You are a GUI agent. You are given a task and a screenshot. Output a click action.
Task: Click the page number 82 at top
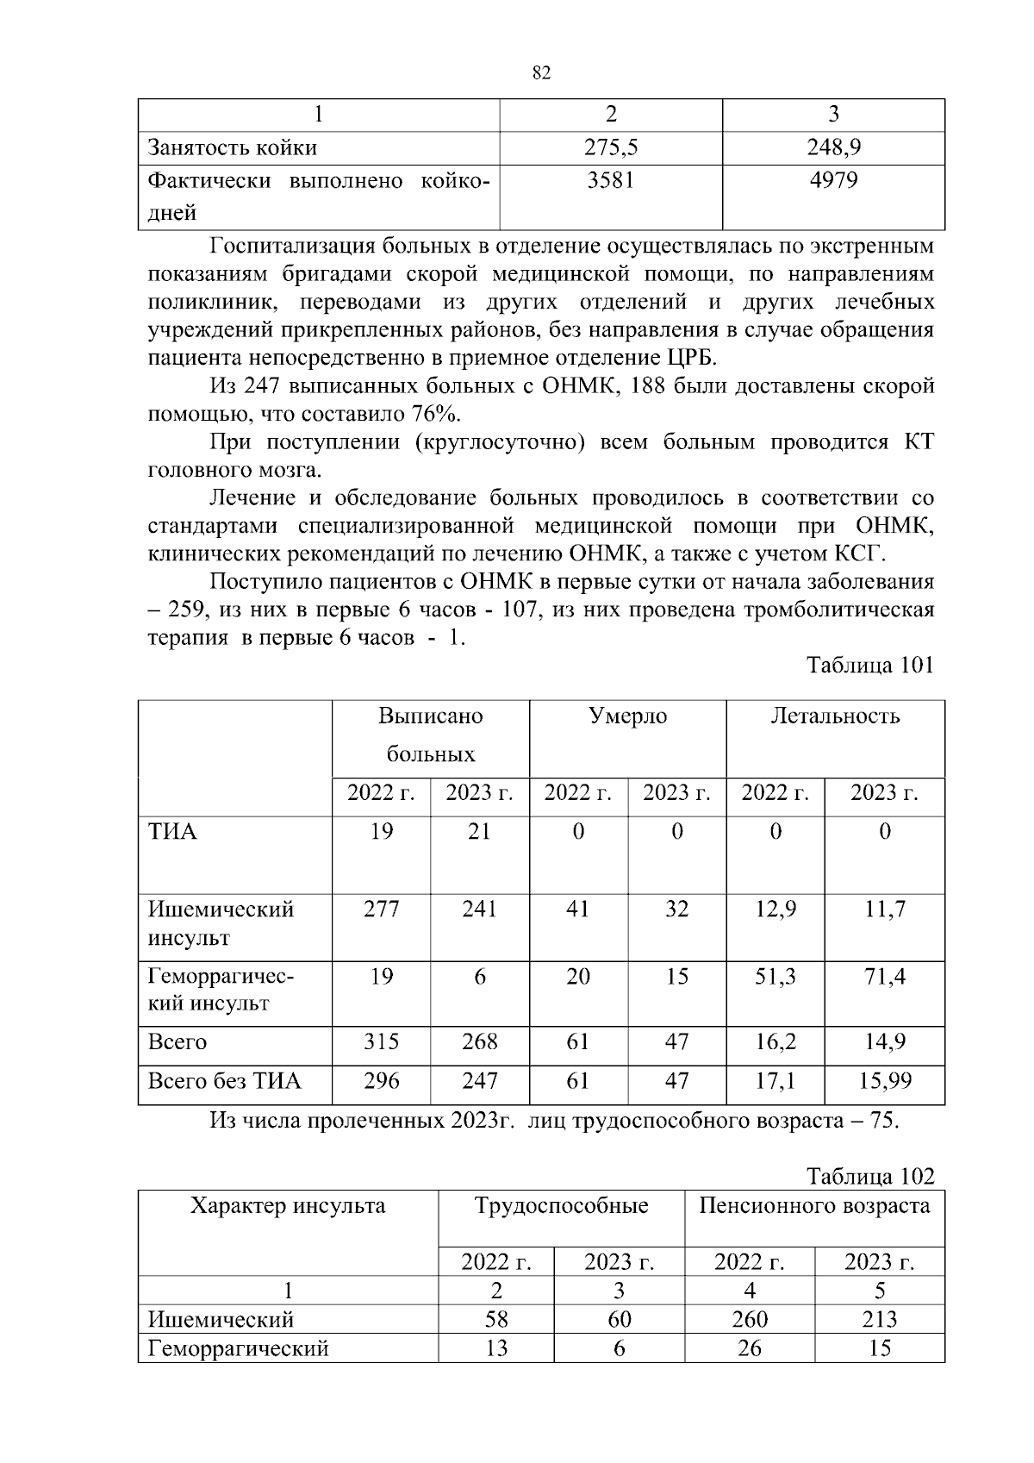click(x=541, y=73)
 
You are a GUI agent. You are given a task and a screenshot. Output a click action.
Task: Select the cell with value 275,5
click(x=610, y=148)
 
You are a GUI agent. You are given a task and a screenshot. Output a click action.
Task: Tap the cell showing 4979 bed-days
click(x=833, y=181)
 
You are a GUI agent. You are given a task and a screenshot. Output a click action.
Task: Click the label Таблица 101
click(x=869, y=666)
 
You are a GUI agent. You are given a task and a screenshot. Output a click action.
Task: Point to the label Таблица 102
click(x=869, y=1177)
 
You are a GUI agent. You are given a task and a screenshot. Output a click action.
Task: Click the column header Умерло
click(x=627, y=716)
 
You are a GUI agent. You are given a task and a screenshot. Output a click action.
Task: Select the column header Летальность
click(x=835, y=716)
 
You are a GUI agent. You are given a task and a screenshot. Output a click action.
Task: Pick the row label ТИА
click(x=172, y=832)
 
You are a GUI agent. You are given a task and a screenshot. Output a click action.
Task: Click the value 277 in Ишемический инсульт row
click(x=381, y=909)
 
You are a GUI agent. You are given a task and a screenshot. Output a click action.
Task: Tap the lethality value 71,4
click(x=884, y=976)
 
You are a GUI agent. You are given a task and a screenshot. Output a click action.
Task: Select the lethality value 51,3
click(x=775, y=976)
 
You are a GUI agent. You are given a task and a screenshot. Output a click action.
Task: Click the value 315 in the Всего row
click(x=381, y=1041)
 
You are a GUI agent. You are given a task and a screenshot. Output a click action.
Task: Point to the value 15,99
click(x=884, y=1080)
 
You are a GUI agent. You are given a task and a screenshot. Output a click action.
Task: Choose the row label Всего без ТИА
click(x=225, y=1080)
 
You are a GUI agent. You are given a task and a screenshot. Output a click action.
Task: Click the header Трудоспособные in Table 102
click(x=561, y=1205)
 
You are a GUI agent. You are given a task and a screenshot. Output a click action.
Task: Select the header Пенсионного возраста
click(x=814, y=1205)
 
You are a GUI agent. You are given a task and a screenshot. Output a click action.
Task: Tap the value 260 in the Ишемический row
click(x=750, y=1319)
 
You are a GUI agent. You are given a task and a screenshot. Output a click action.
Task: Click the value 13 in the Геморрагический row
click(x=496, y=1347)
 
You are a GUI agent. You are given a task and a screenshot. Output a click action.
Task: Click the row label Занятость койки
click(x=233, y=148)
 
